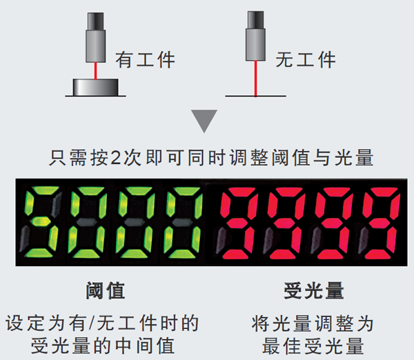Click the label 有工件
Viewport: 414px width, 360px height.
coord(145,59)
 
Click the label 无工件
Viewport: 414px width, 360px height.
coord(306,59)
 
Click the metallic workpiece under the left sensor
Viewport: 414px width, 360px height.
coord(96,87)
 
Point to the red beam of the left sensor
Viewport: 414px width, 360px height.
coord(96,71)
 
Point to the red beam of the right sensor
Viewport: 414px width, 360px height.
coord(255,79)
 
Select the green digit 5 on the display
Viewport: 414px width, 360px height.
coord(39,222)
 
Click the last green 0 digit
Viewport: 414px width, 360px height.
coord(183,222)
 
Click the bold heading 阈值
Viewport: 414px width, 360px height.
coord(106,290)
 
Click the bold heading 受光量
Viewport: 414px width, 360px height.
coord(314,290)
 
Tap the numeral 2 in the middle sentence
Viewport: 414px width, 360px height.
coord(116,158)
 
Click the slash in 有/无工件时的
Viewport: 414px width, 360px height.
coord(91,323)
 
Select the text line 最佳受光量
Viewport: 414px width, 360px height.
coord(313,346)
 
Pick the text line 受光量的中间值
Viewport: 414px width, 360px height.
coord(103,346)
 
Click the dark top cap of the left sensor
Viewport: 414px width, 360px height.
coord(96,21)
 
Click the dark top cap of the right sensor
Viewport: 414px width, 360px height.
coord(255,20)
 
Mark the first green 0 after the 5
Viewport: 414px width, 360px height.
coord(88,222)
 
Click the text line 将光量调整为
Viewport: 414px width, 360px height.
coord(313,323)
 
